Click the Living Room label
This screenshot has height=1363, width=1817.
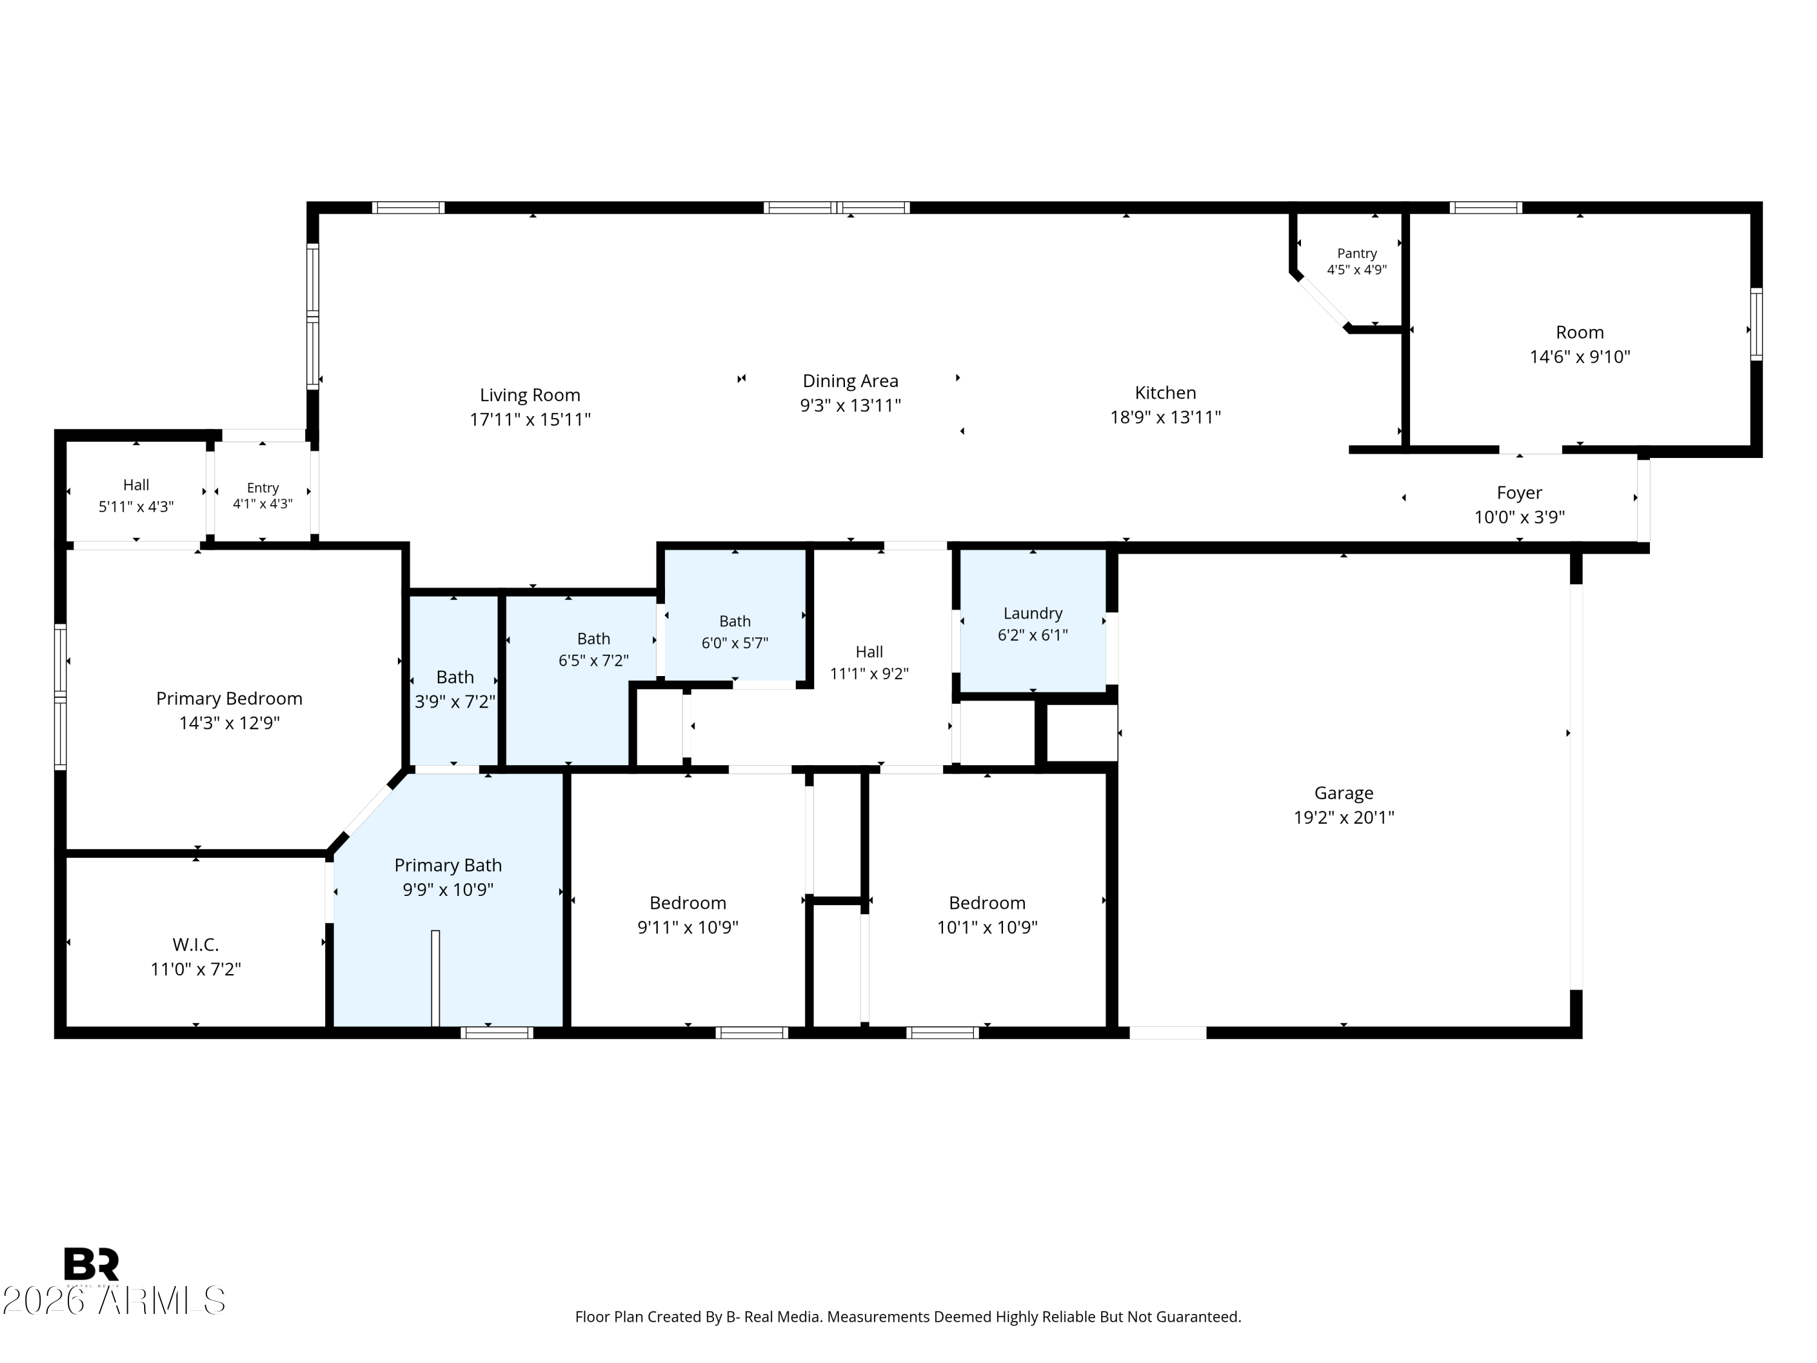530,395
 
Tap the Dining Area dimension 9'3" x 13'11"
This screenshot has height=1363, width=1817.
850,405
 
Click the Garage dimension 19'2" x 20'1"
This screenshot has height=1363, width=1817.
1344,817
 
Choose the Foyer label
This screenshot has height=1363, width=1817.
1519,493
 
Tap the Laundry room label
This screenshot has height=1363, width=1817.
1033,614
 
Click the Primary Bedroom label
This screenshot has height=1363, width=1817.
229,698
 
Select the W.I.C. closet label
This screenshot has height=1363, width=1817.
196,945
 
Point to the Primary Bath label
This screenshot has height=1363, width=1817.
448,865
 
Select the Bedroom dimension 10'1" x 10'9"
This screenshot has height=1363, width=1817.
987,927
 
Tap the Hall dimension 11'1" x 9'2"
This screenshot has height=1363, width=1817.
869,674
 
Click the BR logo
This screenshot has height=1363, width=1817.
91,1264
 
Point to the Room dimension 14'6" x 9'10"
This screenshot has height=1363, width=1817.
1580,357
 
